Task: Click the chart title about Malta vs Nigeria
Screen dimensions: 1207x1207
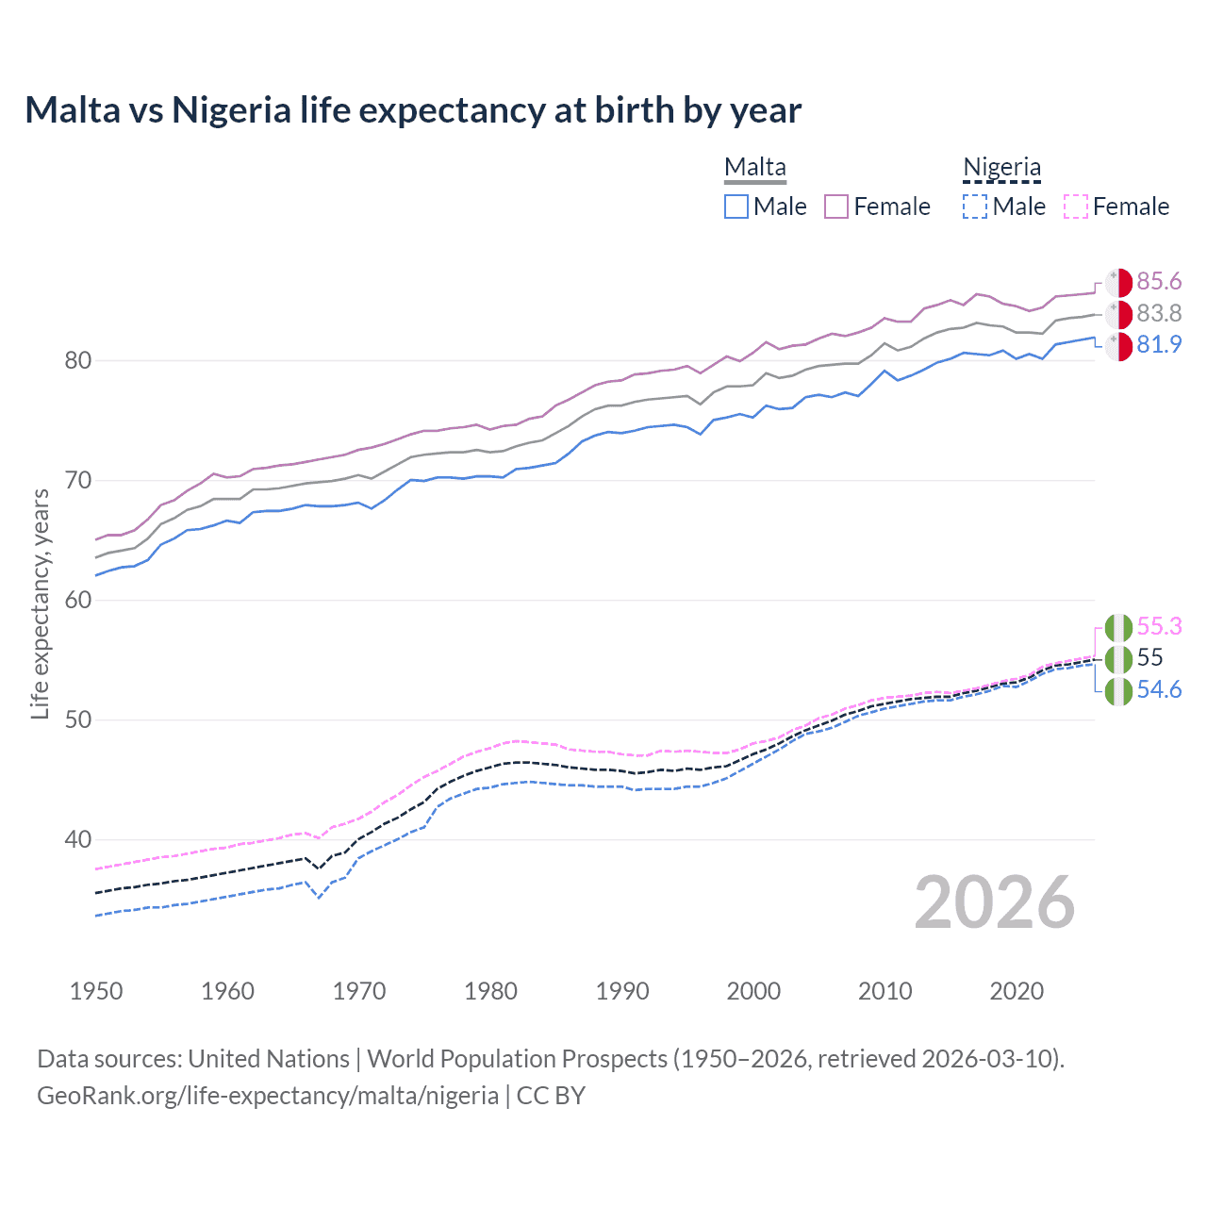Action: (413, 110)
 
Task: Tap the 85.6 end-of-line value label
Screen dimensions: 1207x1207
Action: (1159, 282)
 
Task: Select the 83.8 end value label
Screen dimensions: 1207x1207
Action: (1159, 313)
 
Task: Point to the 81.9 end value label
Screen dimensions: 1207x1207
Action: (1159, 345)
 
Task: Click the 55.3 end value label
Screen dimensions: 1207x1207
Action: (1159, 627)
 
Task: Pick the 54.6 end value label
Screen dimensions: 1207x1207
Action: (1159, 690)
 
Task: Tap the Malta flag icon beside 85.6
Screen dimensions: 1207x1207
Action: (1118, 283)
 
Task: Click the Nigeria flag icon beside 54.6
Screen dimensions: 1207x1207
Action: (1118, 691)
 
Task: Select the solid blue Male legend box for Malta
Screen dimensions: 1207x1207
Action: (736, 207)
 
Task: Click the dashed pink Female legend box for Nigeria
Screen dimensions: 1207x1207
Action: (1076, 207)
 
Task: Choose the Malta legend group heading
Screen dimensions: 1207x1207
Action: (755, 168)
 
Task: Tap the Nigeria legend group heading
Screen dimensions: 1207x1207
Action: (1001, 168)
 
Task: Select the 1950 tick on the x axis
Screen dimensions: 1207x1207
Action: (96, 991)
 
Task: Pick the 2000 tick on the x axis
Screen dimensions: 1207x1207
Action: (753, 991)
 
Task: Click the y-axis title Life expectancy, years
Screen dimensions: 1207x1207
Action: (40, 603)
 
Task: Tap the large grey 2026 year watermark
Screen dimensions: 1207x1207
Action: (994, 903)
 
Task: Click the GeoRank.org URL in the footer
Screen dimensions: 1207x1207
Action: (268, 1096)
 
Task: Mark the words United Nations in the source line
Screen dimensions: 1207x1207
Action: (269, 1059)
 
